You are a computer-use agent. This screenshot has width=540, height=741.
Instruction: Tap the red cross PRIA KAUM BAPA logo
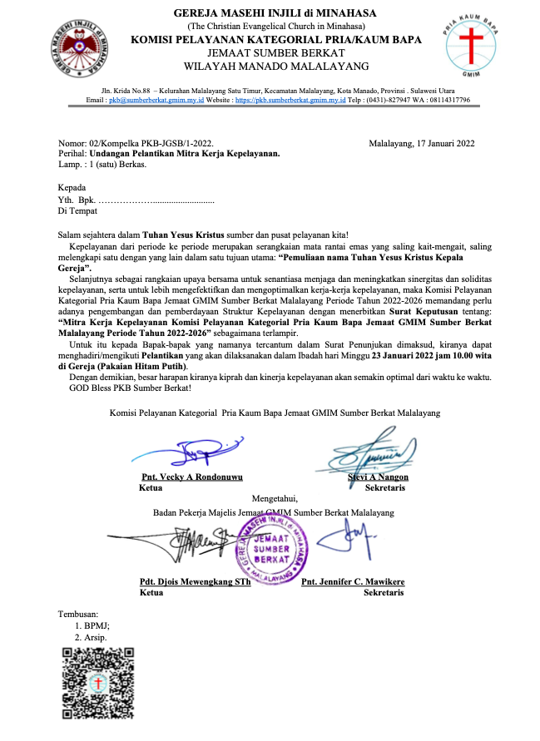[471, 42]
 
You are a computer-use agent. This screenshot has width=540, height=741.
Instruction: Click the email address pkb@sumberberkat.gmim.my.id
[155, 100]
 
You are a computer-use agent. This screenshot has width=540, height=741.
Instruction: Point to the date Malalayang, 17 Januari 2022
[421, 143]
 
